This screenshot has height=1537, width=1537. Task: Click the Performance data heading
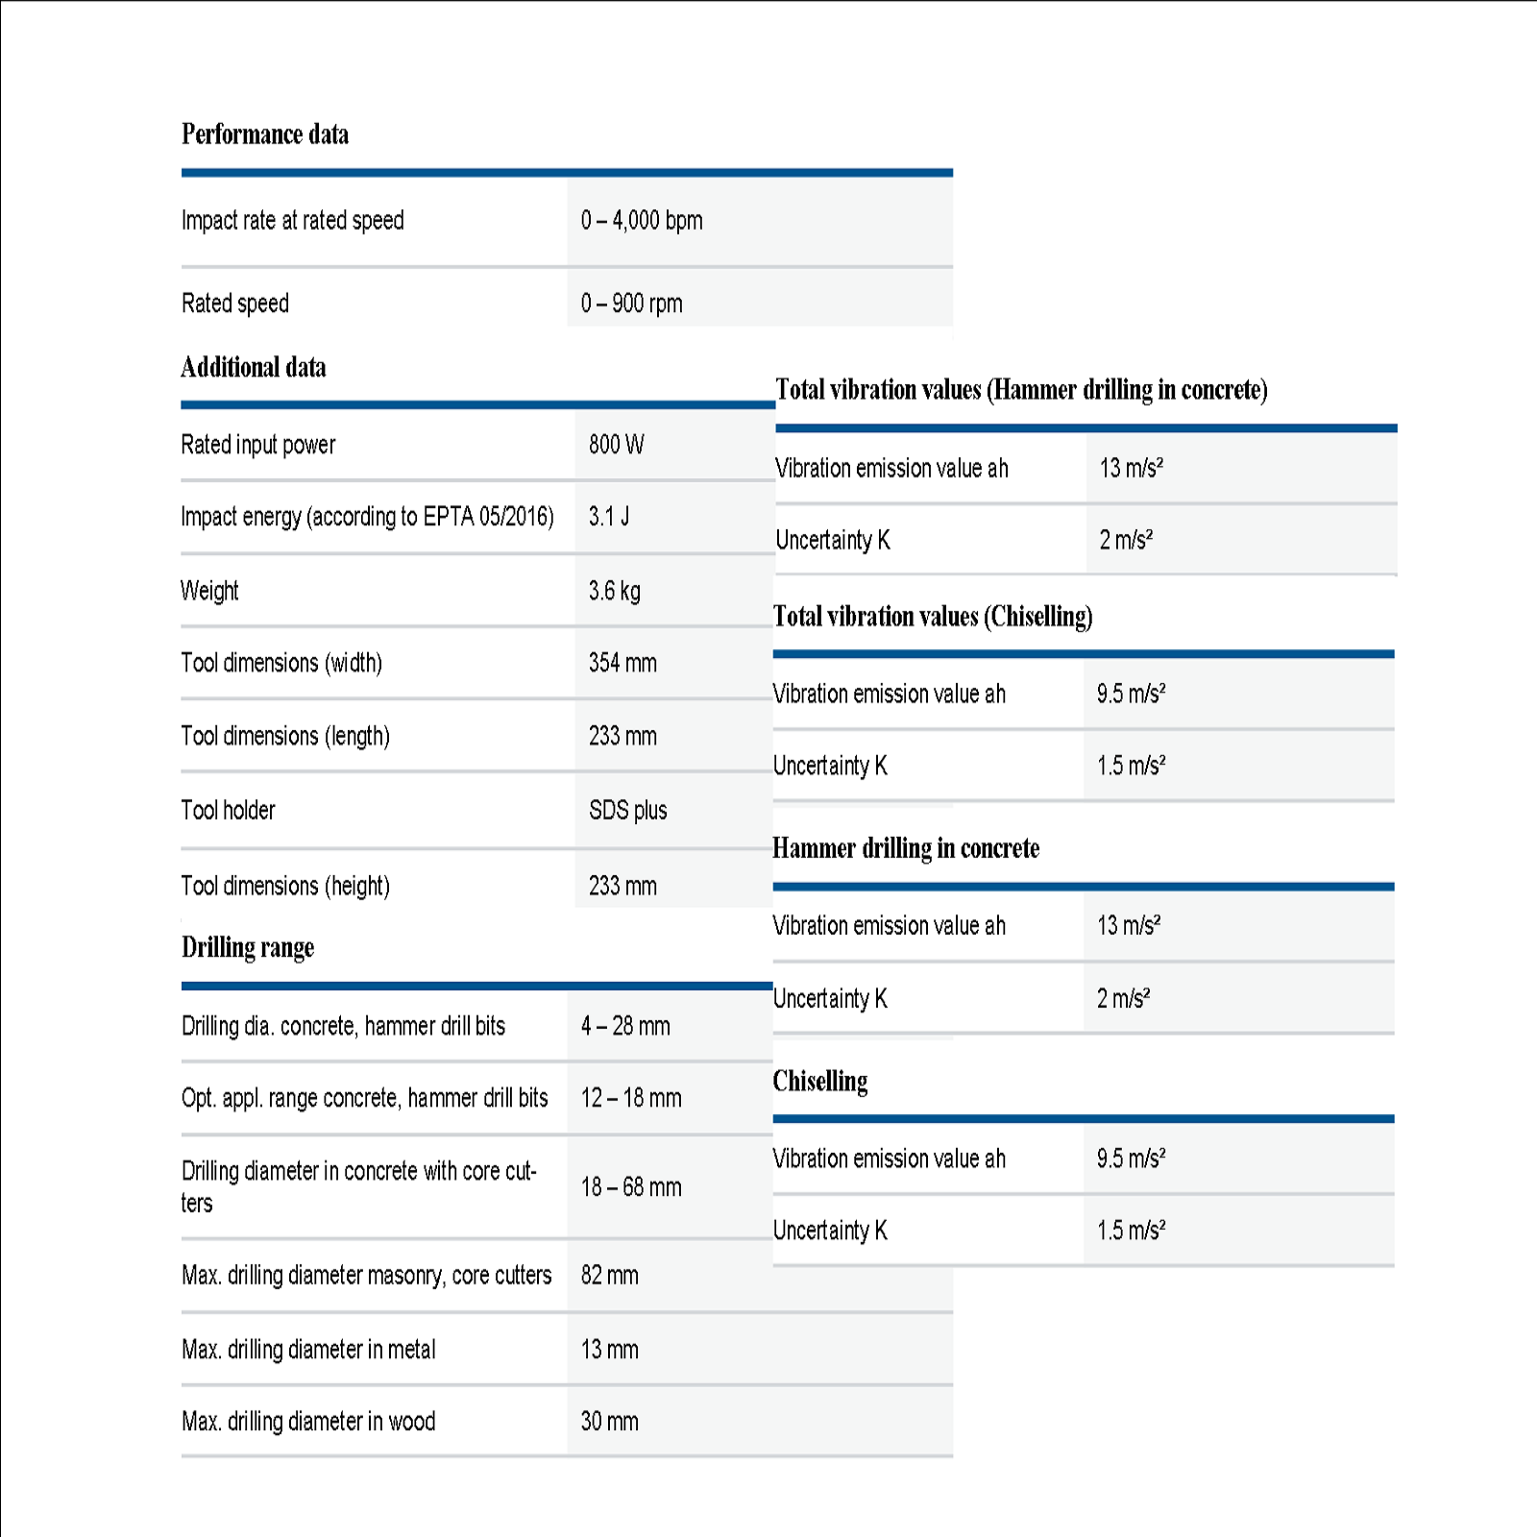265,134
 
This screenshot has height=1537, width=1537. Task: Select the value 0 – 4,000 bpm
641,221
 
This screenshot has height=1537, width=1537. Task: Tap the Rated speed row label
235,304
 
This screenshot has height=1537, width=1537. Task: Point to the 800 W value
616,445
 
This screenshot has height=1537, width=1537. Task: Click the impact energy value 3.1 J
609,517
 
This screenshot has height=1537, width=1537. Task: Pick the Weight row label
209,591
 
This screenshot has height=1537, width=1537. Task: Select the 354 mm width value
622,663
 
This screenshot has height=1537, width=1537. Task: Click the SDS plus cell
627,811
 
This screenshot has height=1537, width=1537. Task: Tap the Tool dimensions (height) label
285,886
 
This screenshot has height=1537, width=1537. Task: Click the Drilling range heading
248,948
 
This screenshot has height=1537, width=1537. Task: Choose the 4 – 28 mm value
625,1026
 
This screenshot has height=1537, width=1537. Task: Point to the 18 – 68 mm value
631,1187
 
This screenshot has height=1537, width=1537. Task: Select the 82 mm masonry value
609,1276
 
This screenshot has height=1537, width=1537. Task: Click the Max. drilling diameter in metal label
308,1350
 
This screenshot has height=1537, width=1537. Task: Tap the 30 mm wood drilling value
609,1422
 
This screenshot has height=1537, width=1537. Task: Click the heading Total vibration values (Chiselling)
933,617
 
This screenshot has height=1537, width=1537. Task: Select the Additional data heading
254,368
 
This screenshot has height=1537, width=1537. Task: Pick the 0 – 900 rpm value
631,304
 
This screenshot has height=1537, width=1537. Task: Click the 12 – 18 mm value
631,1098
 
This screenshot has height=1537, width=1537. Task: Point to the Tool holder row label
228,811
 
